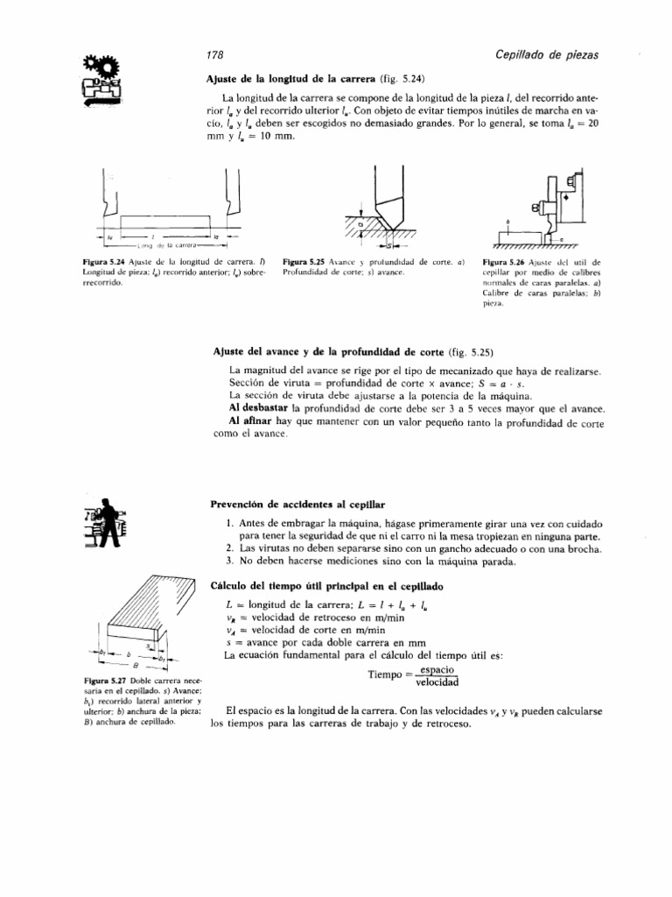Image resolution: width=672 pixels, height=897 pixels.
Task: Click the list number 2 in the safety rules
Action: tap(228, 547)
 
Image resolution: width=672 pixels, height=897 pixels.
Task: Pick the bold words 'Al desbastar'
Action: tap(259, 409)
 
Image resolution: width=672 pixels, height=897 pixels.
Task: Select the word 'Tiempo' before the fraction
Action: tap(387, 675)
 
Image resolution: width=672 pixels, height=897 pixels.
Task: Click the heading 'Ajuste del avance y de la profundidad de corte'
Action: tap(325, 352)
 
